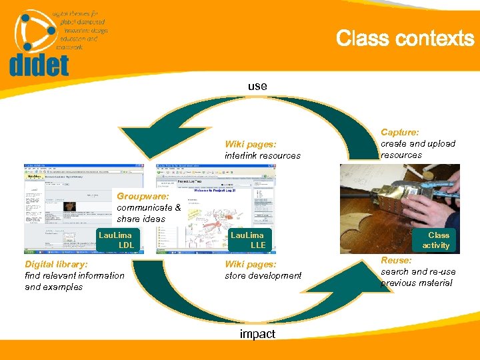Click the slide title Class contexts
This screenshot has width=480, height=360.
coord(405,39)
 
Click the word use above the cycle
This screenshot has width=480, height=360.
coord(257,86)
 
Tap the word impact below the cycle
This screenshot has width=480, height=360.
coord(257,334)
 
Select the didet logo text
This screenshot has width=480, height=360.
coord(39,65)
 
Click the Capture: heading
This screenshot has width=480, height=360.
coord(400,133)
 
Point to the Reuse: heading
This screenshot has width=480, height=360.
coord(396,260)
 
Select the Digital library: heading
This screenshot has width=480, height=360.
coord(56,264)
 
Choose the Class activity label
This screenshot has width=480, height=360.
coord(438,240)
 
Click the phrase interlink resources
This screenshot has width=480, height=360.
coord(263,155)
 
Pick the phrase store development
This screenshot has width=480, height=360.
coord(263,275)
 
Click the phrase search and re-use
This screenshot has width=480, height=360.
coord(418,271)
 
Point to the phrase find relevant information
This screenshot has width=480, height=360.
coord(74,275)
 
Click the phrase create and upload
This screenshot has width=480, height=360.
coord(418,143)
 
